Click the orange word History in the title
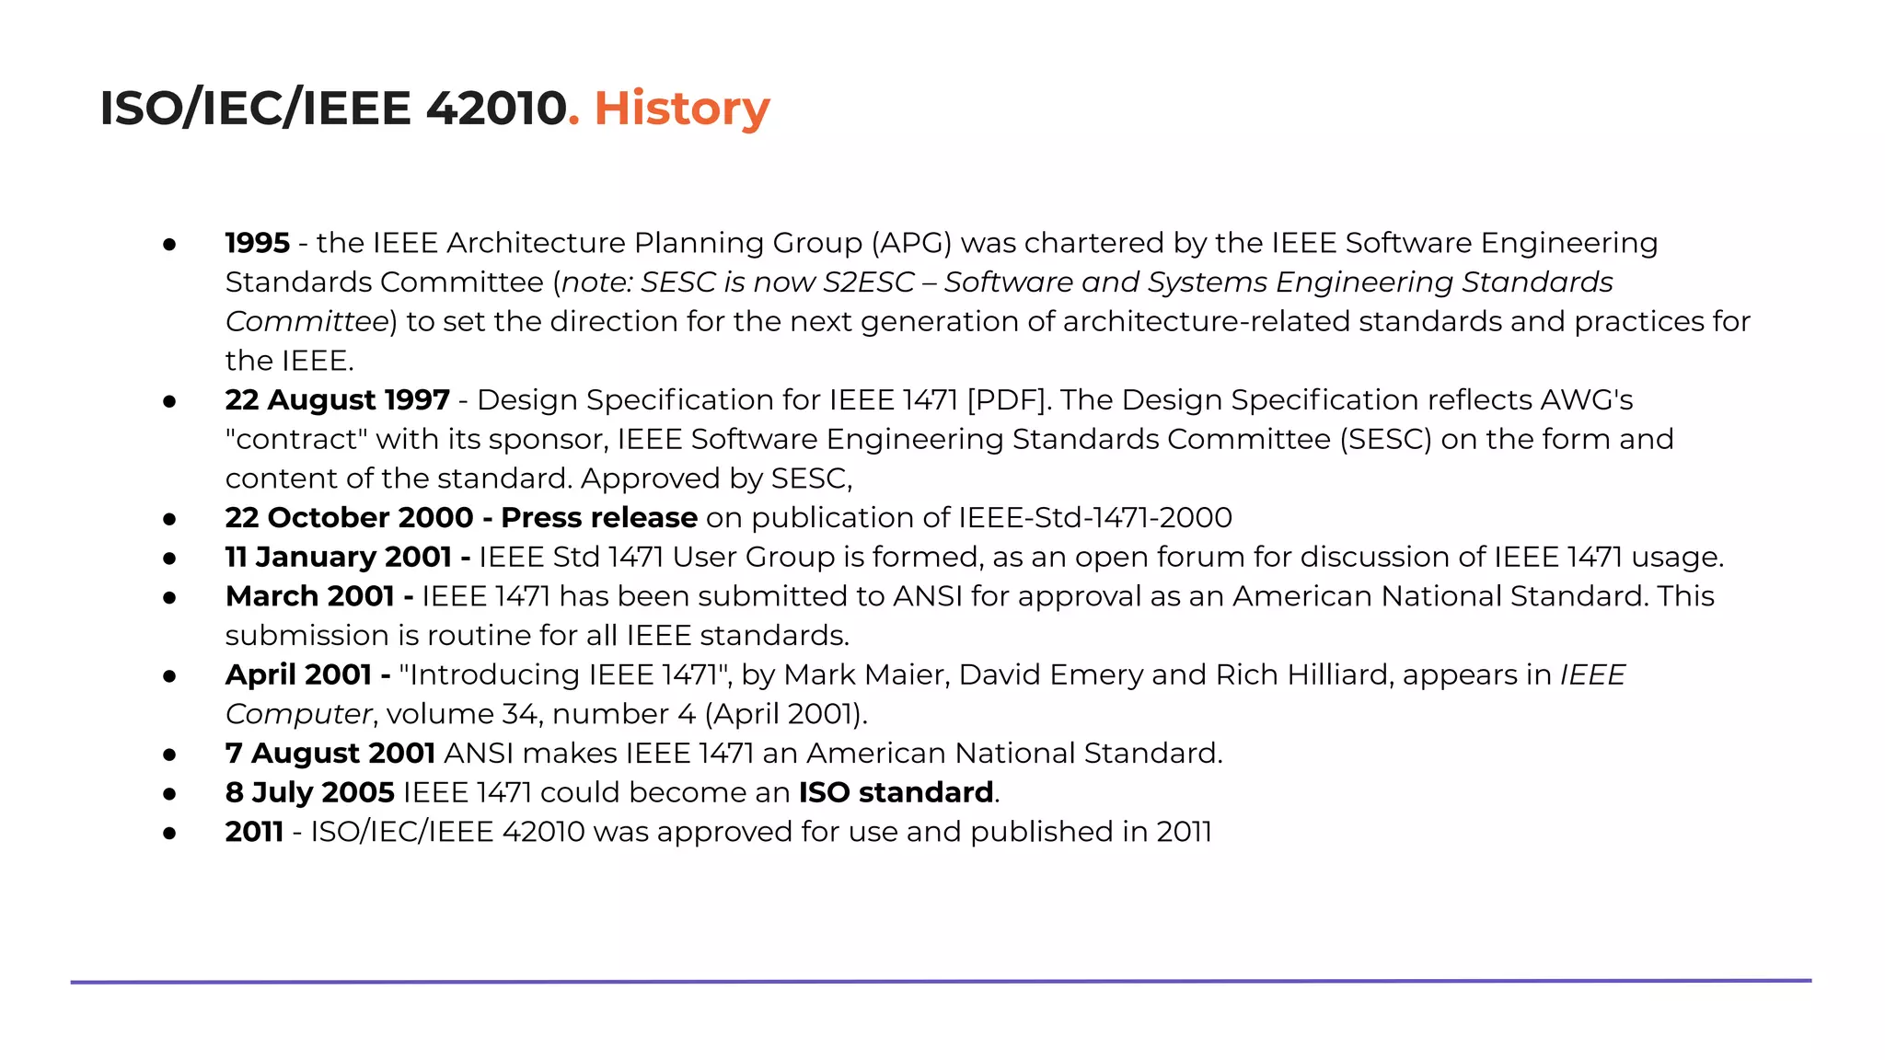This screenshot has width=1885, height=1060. click(x=681, y=109)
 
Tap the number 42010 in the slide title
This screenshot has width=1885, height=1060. click(x=496, y=109)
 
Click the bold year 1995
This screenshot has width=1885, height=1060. click(x=257, y=243)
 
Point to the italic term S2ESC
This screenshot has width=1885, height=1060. click(x=869, y=282)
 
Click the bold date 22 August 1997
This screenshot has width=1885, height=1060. click(x=337, y=400)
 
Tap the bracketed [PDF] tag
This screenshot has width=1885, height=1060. click(x=1008, y=400)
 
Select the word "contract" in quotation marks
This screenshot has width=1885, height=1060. click(x=296, y=440)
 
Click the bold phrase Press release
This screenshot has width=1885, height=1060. click(x=598, y=518)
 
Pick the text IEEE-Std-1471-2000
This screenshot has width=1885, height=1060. click(x=1094, y=518)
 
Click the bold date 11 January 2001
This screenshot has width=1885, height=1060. click(x=338, y=558)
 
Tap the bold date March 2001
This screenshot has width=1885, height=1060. click(x=309, y=596)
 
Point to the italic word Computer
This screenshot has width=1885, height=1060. click(x=298, y=714)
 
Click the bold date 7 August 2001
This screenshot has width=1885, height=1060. click(x=330, y=754)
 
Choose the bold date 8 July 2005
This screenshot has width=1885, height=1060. click(x=309, y=793)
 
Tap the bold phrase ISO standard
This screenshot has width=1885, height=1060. click(x=896, y=793)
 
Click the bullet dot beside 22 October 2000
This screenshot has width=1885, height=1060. click(x=169, y=519)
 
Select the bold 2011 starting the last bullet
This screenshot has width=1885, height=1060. click(x=254, y=832)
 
